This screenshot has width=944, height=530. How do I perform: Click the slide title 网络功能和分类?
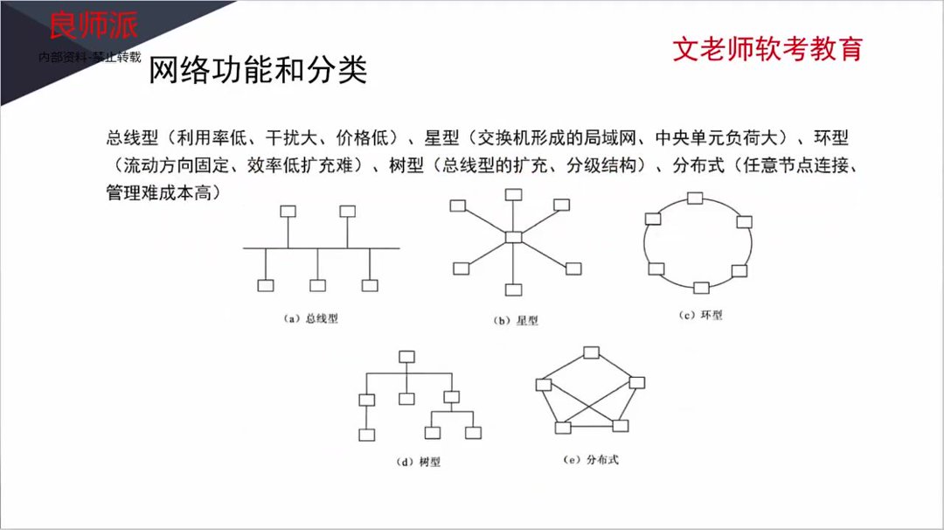(258, 70)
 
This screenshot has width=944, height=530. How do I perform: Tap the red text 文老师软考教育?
(767, 48)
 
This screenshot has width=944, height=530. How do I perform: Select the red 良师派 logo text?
(92, 26)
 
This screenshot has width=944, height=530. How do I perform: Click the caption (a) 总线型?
(311, 318)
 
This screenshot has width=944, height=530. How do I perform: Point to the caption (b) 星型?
(516, 321)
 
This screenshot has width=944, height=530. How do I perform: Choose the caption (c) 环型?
(701, 315)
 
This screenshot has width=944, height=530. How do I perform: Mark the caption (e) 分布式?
(591, 458)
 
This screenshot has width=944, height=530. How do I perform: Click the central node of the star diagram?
(513, 236)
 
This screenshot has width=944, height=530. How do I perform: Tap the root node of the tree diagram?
(406, 356)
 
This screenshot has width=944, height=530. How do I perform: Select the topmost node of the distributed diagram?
(591, 352)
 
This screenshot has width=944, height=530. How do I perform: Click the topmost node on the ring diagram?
(695, 197)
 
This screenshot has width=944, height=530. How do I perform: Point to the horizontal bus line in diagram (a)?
(321, 248)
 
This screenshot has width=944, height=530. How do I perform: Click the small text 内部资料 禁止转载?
(90, 56)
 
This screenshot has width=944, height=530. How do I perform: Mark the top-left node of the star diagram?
(456, 205)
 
